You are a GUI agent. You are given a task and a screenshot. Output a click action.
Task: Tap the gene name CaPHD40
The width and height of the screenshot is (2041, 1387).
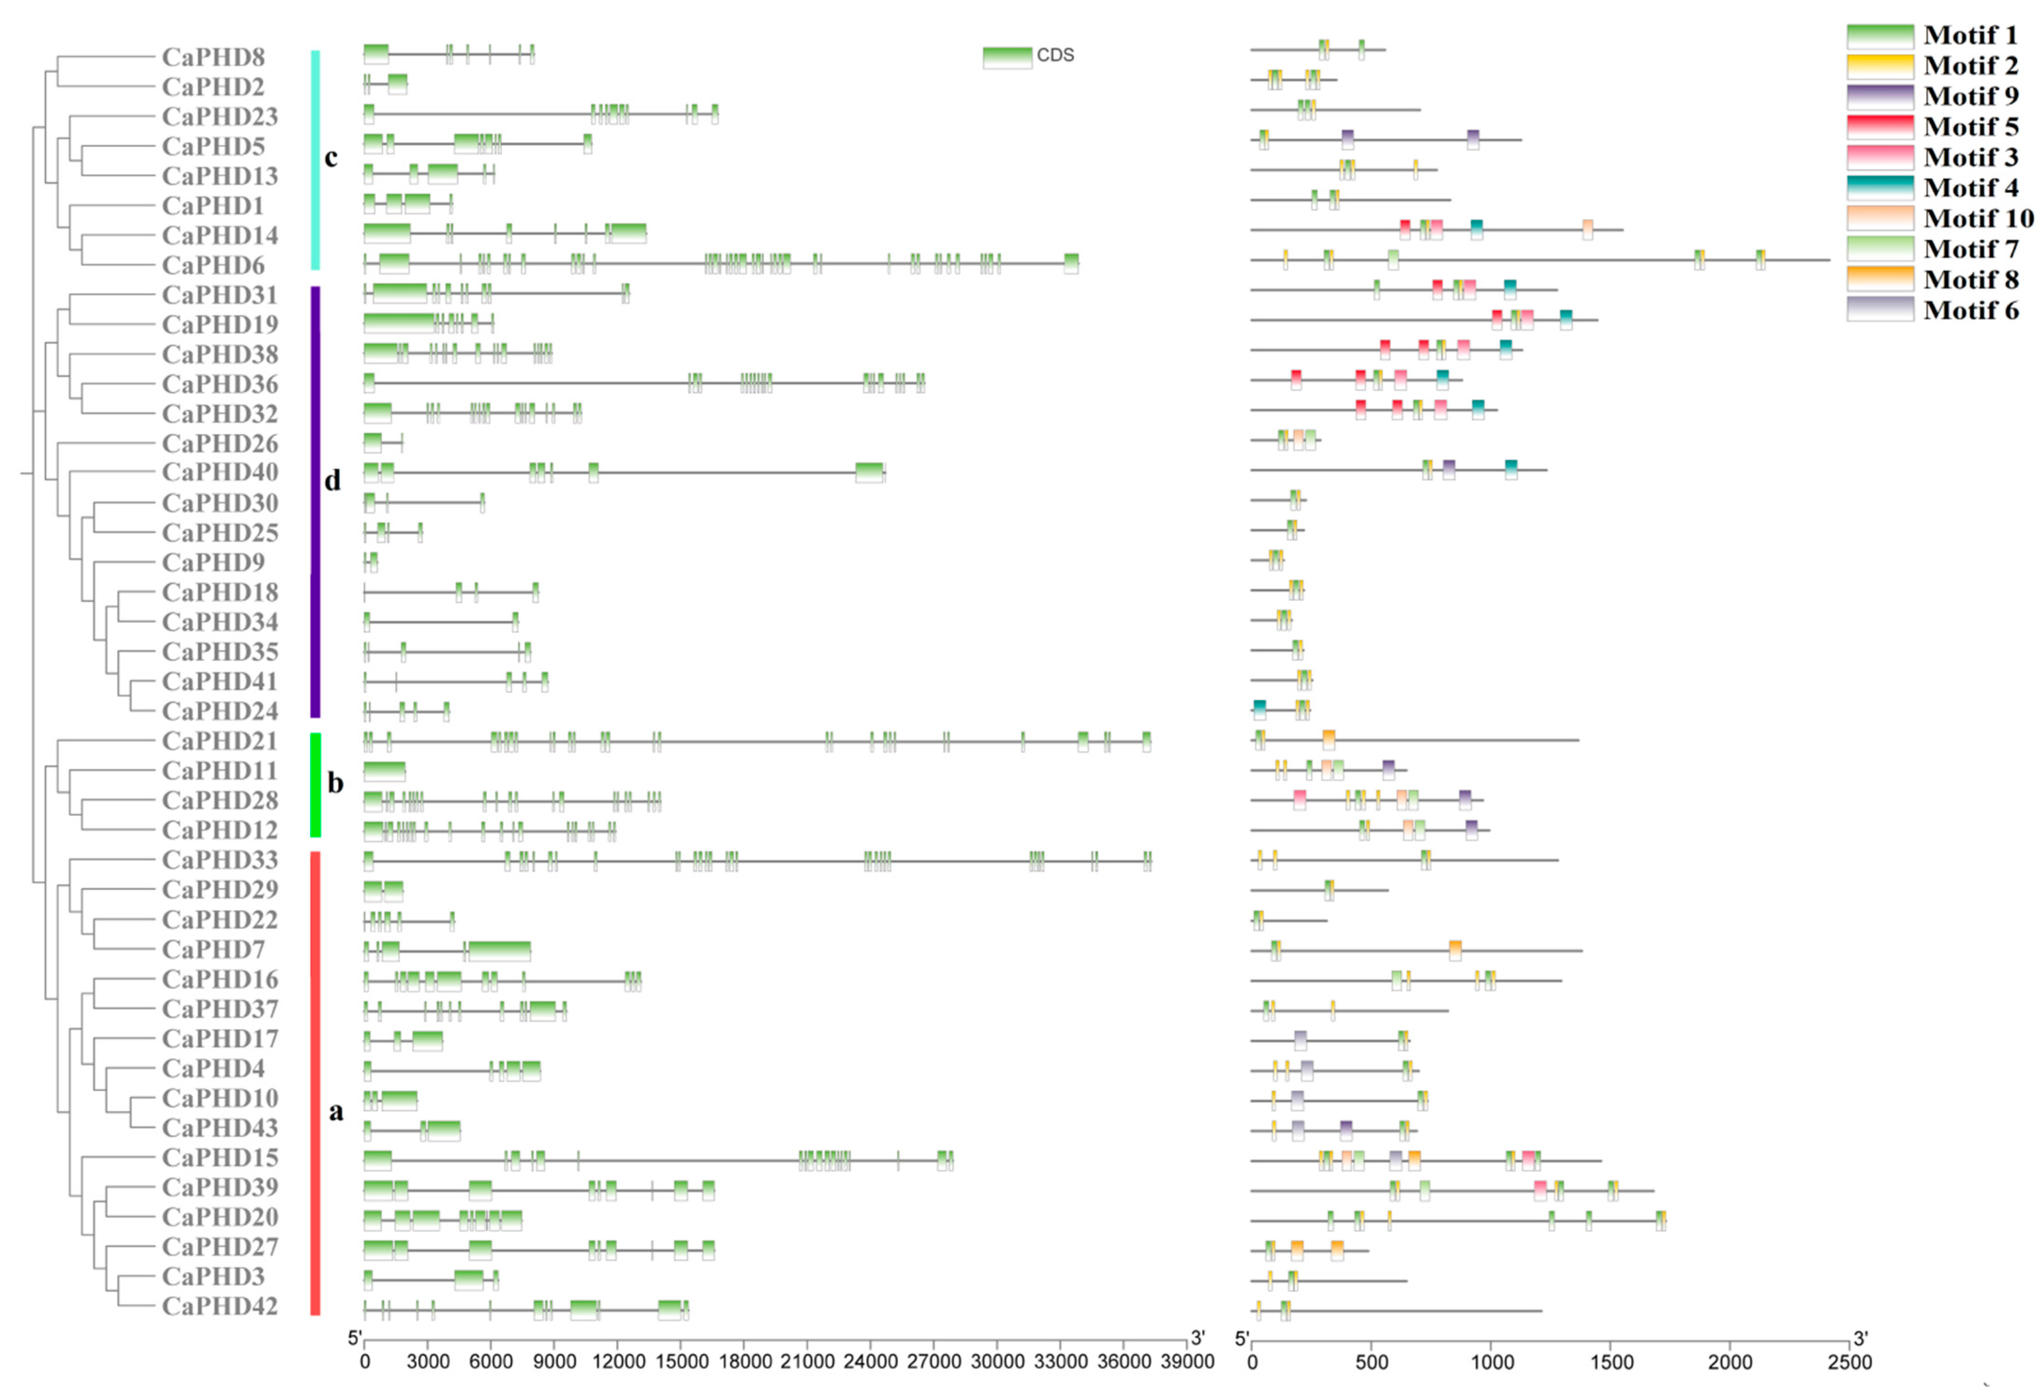(x=220, y=473)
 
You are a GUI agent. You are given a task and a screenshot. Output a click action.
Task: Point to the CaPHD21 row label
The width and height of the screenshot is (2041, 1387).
(x=220, y=741)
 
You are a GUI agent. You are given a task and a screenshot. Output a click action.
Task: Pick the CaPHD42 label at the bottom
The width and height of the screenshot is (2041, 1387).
(x=220, y=1307)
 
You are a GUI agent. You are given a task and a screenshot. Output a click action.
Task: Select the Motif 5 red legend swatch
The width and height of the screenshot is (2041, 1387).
(x=1879, y=127)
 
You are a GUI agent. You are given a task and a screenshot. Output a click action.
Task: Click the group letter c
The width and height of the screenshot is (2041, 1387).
(x=331, y=158)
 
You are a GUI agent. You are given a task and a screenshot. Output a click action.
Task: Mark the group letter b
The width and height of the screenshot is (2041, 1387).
(x=335, y=783)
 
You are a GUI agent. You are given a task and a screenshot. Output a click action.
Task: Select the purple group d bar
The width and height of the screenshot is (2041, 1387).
(x=316, y=501)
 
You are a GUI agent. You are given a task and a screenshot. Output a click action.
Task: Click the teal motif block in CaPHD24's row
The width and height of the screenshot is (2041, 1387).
(x=1259, y=710)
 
